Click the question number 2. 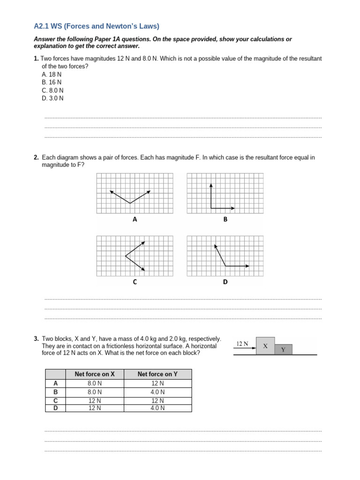(x=36, y=157)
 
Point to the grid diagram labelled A (x=135, y=193)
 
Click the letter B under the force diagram (x=225, y=219)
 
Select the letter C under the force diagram (x=135, y=282)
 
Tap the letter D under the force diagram (x=225, y=282)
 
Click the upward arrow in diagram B (x=211, y=195)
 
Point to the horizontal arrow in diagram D (x=237, y=266)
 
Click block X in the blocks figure (x=265, y=346)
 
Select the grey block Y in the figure (x=283, y=350)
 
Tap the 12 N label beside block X (x=242, y=344)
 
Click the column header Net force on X (x=95, y=374)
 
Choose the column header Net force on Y (x=157, y=374)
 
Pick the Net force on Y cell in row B (x=157, y=392)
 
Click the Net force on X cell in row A (x=95, y=383)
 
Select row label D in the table (x=55, y=408)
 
